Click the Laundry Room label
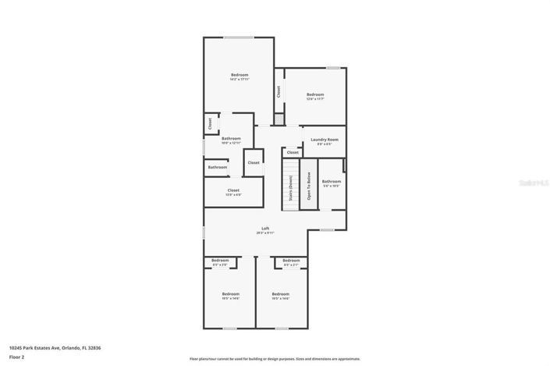point(324,141)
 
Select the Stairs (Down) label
point(291,188)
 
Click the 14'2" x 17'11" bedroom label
point(239,76)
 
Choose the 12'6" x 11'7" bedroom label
point(314,97)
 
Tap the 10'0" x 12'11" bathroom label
point(231,140)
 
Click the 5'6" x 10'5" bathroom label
point(332,183)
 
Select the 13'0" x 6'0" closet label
point(233,192)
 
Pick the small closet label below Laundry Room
point(293,153)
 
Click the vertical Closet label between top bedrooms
point(279,91)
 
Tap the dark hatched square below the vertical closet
point(279,119)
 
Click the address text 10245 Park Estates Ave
point(55,347)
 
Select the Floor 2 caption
point(17,357)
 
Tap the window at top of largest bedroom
point(239,37)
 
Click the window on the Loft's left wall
point(204,232)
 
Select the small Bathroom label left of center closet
point(218,167)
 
